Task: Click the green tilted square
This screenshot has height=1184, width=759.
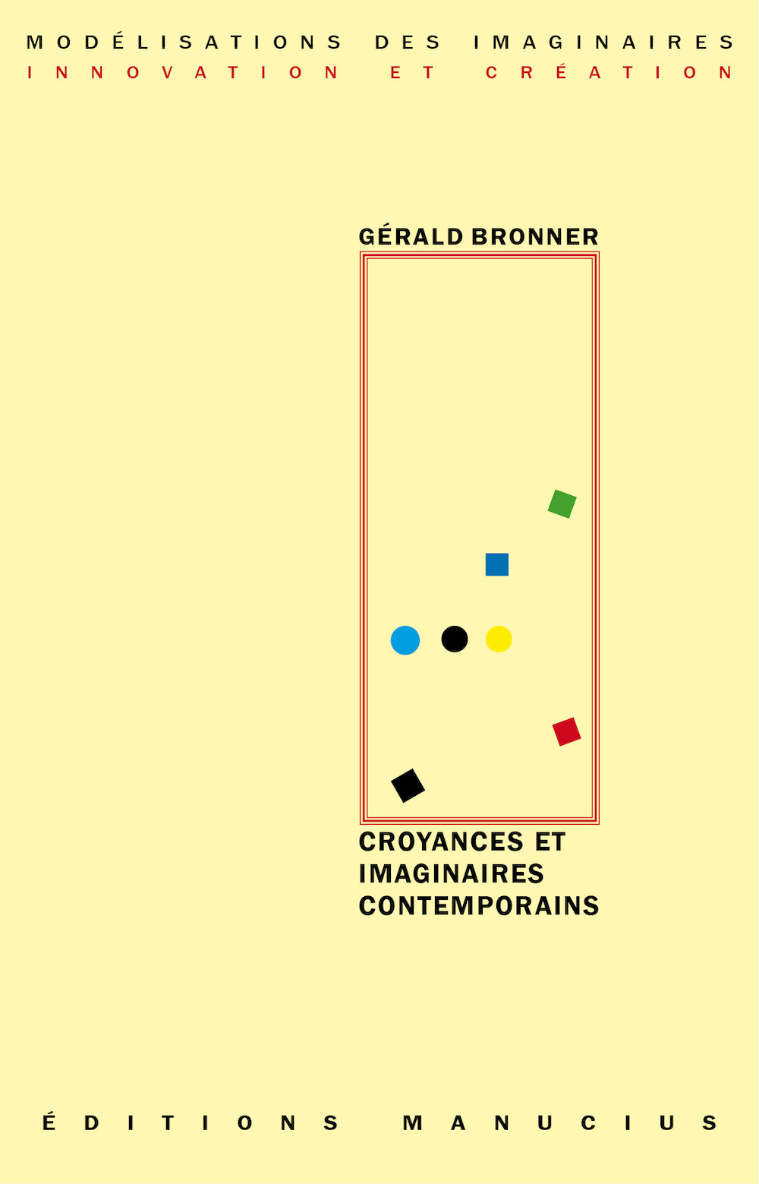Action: click(x=562, y=504)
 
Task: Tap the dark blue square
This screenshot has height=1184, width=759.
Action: click(x=497, y=564)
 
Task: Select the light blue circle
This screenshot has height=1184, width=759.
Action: click(x=405, y=640)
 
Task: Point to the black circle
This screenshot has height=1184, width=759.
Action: click(x=455, y=639)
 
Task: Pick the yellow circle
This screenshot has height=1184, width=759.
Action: click(x=499, y=639)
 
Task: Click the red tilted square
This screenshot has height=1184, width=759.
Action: click(x=567, y=731)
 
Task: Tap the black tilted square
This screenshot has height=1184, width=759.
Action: click(x=408, y=785)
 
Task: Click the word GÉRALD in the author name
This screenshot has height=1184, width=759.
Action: click(x=411, y=236)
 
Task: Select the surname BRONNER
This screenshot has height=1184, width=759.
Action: click(x=535, y=237)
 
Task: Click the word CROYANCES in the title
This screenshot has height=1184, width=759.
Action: click(x=441, y=842)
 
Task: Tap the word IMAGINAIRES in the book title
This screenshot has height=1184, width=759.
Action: click(x=451, y=873)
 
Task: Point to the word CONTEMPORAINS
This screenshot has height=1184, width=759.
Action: click(x=479, y=906)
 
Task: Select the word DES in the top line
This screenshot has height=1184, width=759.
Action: click(x=408, y=43)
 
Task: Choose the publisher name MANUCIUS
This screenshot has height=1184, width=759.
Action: click(x=560, y=1123)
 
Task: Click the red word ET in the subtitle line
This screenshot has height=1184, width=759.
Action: click(x=412, y=72)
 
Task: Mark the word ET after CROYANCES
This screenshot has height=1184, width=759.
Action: click(x=550, y=842)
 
